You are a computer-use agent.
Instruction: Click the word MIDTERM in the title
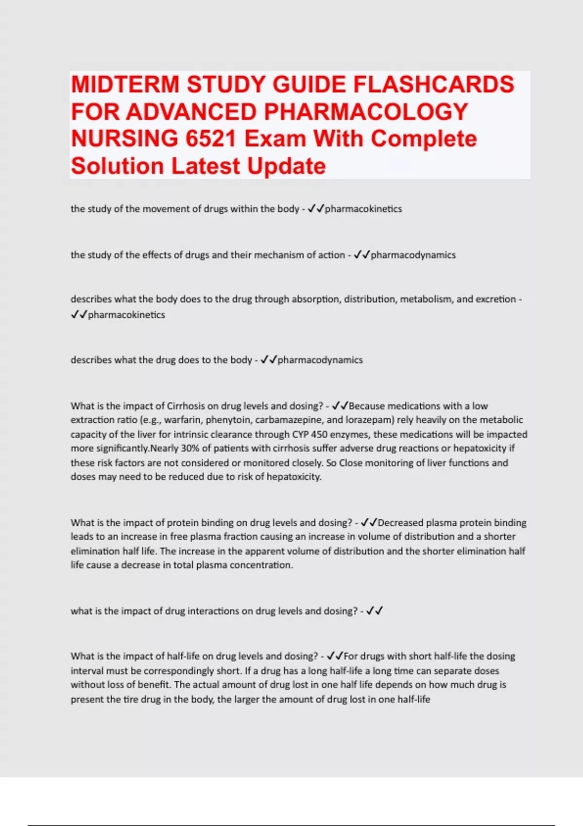[125, 85]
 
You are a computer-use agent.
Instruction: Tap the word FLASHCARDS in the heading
[433, 85]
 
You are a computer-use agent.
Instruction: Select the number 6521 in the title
[211, 139]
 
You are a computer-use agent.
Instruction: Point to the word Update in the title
[286, 166]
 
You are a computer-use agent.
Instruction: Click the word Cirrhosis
[188, 406]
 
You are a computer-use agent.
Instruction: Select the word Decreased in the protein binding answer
[400, 523]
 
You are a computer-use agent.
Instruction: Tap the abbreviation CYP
[300, 434]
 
